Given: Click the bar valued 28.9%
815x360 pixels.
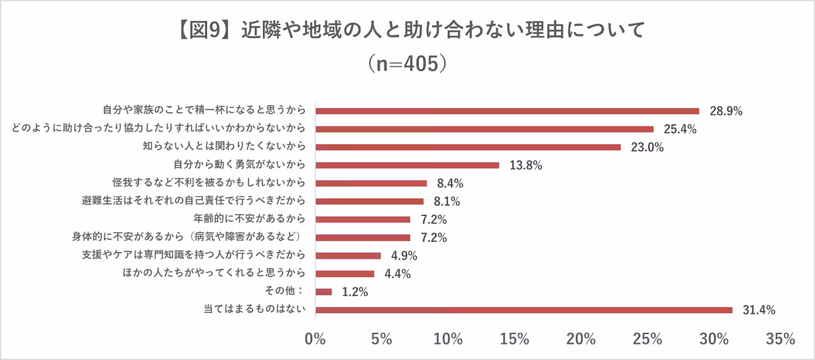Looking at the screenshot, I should pos(507,111).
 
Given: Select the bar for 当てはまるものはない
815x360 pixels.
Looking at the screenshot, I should pos(524,310).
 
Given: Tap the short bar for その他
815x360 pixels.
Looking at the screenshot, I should pos(324,291).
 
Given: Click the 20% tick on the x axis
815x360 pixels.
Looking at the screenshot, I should pos(582,338).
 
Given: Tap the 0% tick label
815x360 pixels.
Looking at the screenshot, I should pos(316,338).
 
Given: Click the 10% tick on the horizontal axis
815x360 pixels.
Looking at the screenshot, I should pos(448,338).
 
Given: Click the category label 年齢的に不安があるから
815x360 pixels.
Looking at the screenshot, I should pos(249,219).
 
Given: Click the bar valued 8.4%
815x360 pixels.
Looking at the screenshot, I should pos(372,183).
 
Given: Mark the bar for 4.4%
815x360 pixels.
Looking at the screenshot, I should pos(345,274).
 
